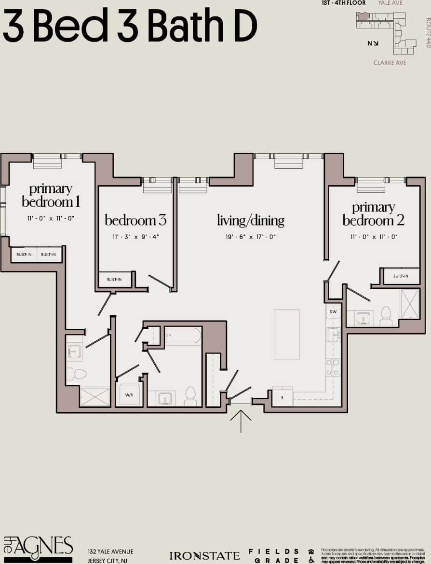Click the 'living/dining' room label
tap(250, 221)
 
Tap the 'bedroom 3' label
tap(135, 220)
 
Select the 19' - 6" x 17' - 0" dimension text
tap(250, 237)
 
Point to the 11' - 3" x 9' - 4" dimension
tap(135, 237)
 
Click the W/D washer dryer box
tap(128, 395)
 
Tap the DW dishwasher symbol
tap(333, 312)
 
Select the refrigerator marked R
tap(283, 397)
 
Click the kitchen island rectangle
tap(286, 334)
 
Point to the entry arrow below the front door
tap(241, 420)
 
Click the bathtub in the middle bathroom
tap(183, 336)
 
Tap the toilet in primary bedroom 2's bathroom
tap(386, 315)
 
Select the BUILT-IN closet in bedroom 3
tap(115, 280)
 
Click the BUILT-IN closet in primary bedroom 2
tap(400, 276)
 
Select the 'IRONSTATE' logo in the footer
tap(204, 556)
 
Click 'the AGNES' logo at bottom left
tap(38, 549)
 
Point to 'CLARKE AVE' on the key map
tap(390, 63)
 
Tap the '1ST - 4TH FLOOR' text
tap(344, 3)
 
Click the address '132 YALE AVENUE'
tap(110, 551)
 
